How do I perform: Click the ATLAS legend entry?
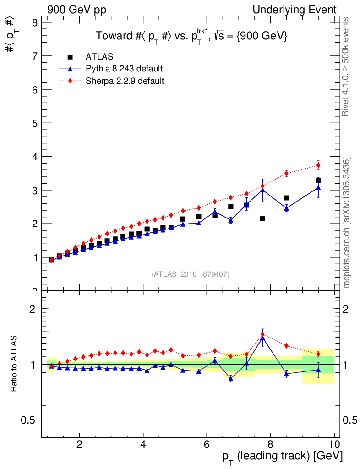99,57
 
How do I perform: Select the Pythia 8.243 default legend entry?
124,69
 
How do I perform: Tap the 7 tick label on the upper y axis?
34,56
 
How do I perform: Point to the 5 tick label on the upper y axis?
34,123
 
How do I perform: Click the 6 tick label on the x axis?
207,444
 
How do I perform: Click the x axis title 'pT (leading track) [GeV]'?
282,457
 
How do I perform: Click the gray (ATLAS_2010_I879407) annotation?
191,274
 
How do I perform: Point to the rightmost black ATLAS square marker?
318,180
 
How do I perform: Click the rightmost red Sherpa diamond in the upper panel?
318,165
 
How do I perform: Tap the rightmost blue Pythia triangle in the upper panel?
318,188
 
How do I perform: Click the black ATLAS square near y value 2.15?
262,219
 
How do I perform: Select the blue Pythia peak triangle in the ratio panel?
262,338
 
